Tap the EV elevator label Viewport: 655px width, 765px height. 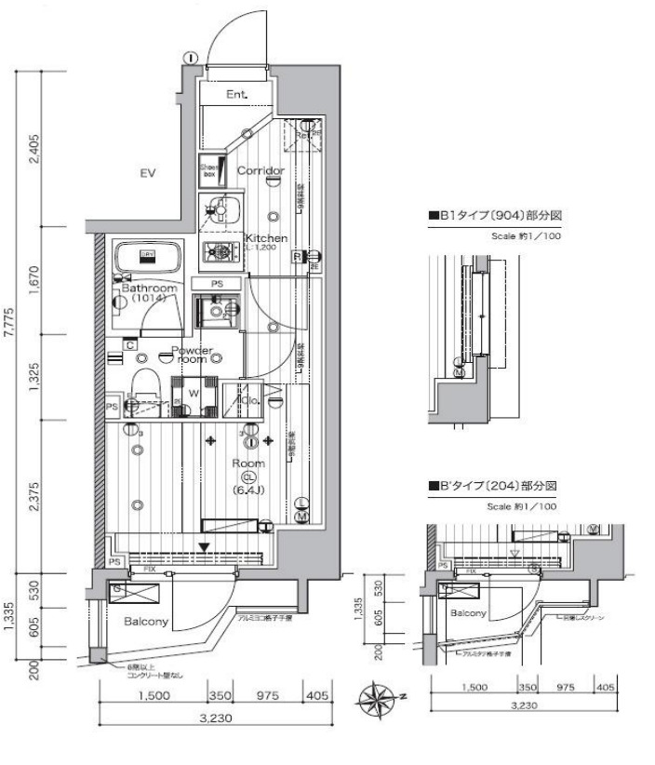[146, 173]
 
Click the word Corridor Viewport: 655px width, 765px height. [260, 171]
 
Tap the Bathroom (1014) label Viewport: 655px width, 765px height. [149, 294]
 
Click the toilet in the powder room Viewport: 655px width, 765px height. [145, 385]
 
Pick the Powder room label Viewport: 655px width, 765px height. [194, 355]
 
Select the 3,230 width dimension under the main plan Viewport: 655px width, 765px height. [216, 718]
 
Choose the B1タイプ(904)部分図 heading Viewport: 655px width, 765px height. [497, 216]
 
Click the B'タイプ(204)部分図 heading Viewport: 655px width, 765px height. [497, 486]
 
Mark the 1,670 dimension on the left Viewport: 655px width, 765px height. [34, 277]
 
